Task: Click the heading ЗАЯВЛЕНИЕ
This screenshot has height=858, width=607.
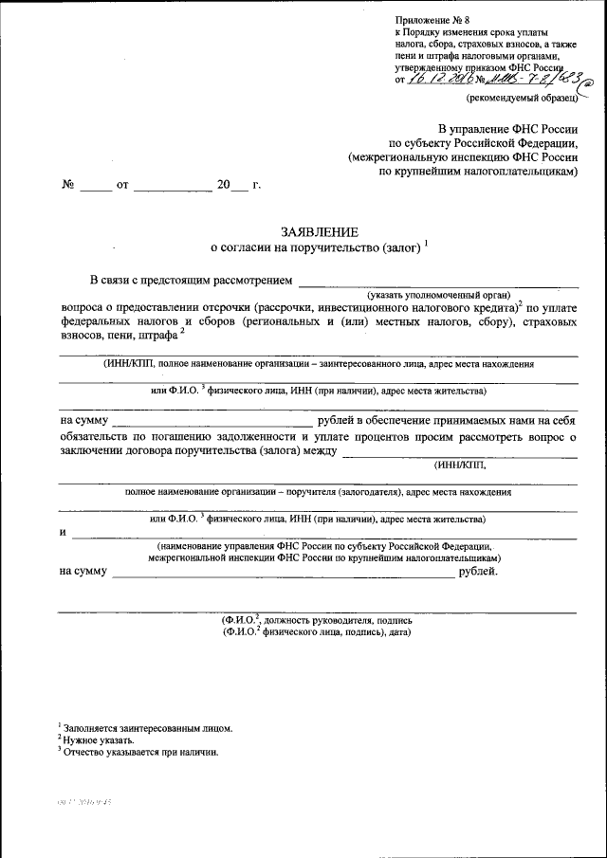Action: [x=319, y=232]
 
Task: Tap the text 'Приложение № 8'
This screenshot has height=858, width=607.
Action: [x=432, y=20]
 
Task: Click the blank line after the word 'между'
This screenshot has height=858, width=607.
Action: [x=458, y=454]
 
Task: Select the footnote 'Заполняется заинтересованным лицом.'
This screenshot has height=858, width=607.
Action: [x=147, y=729]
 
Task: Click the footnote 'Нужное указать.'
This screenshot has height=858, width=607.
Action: [x=99, y=740]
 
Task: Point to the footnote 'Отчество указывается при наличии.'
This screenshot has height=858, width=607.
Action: [x=140, y=752]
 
